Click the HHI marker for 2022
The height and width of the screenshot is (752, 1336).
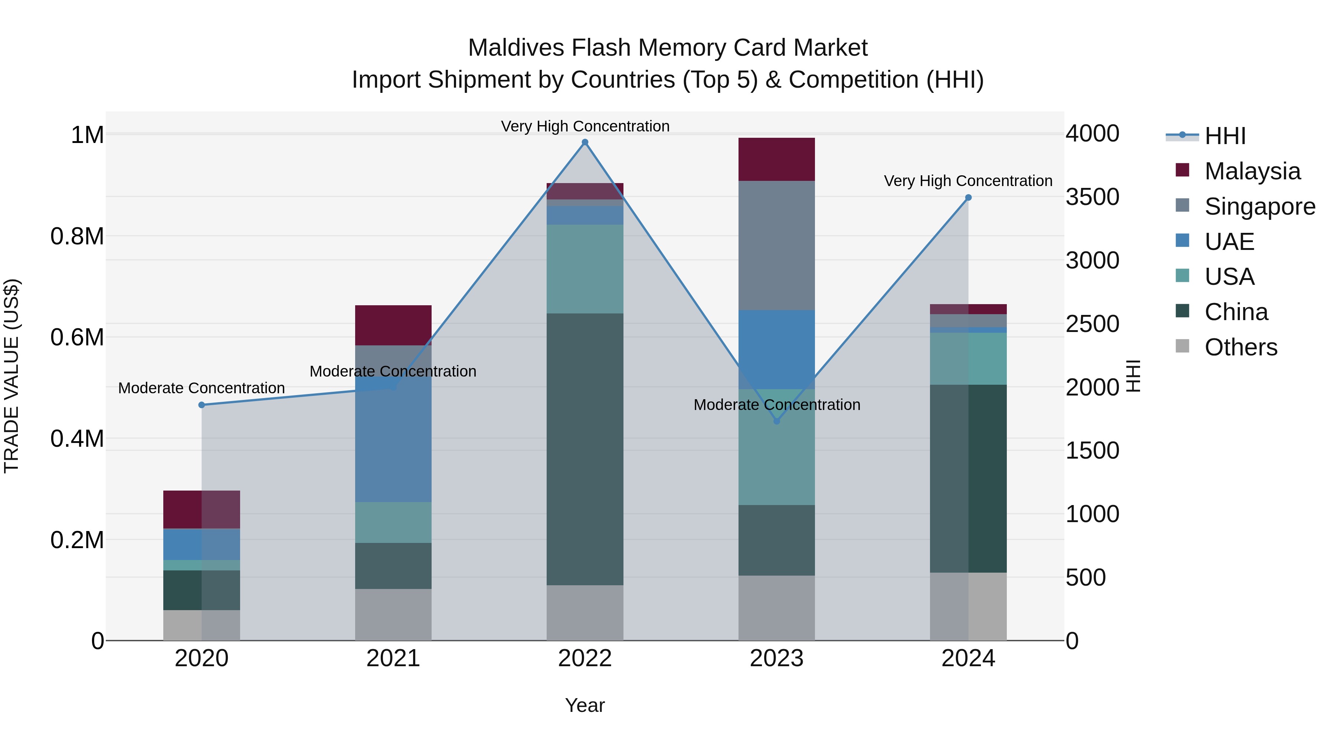point(585,142)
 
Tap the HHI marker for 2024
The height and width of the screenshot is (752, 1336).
point(968,198)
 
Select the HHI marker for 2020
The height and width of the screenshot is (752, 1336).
point(202,405)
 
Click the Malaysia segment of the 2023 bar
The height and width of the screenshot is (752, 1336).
point(776,159)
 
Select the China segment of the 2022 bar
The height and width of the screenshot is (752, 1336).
point(585,449)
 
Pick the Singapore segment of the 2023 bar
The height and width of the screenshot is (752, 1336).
point(776,245)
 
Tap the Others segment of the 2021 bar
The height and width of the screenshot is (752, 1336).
point(393,615)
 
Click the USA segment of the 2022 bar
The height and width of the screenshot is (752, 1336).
point(585,269)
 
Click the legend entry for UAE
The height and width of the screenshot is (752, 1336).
point(1229,241)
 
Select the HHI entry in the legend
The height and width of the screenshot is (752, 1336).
point(1225,136)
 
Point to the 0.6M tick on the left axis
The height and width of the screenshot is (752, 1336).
point(77,337)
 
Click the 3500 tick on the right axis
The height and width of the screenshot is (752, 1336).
point(1092,197)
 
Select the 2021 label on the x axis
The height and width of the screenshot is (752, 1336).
point(393,658)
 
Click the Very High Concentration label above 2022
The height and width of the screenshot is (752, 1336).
point(585,126)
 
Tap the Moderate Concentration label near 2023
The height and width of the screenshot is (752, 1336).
point(777,405)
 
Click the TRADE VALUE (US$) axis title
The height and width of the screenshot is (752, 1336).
point(12,376)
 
